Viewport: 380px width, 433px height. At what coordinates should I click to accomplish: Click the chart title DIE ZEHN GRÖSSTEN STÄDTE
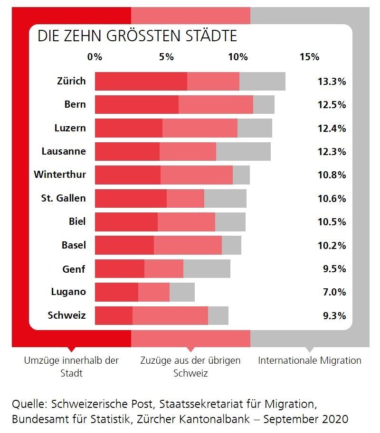(x=137, y=36)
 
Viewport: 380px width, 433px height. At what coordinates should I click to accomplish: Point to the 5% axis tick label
(x=166, y=57)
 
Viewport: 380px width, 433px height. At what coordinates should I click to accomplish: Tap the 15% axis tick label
(x=310, y=57)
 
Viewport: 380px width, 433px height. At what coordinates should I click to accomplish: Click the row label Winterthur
(x=60, y=175)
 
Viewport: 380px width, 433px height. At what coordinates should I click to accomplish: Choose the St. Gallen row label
(x=64, y=198)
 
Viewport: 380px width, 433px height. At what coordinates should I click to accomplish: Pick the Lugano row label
(x=68, y=292)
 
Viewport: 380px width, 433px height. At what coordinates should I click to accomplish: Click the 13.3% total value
(x=332, y=81)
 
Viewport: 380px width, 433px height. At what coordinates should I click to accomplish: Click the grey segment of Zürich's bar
(x=262, y=82)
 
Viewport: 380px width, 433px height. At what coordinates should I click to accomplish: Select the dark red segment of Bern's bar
(x=137, y=105)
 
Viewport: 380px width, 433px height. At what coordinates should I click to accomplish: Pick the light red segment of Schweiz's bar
(x=170, y=315)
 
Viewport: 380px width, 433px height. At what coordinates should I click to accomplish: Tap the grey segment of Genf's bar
(x=207, y=268)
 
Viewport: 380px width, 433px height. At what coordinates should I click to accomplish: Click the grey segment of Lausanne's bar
(x=243, y=152)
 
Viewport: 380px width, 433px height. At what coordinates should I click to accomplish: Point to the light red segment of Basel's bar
(x=188, y=245)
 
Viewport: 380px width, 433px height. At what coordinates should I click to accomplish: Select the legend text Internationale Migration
(x=310, y=360)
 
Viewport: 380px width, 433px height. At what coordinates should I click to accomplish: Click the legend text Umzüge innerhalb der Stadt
(x=71, y=367)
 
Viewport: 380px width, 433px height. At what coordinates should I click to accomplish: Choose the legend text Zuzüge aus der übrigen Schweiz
(x=190, y=367)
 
